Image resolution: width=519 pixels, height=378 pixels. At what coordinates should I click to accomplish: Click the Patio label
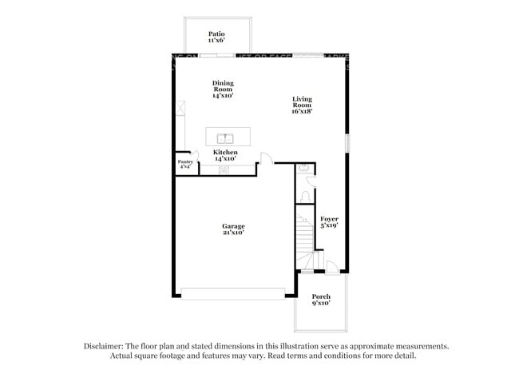pyautogui.click(x=216, y=34)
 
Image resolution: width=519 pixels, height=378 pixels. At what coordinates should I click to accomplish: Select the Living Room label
pyautogui.click(x=302, y=102)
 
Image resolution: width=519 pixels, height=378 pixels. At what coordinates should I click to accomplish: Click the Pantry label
pyautogui.click(x=184, y=162)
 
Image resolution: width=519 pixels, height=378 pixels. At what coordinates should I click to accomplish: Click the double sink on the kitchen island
pyautogui.click(x=226, y=137)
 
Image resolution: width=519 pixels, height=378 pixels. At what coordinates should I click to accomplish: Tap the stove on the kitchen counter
pyautogui.click(x=224, y=169)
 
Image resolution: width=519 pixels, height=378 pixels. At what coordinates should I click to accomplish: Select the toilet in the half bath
pyautogui.click(x=307, y=197)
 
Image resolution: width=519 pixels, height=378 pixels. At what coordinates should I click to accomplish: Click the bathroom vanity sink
pyautogui.click(x=304, y=169)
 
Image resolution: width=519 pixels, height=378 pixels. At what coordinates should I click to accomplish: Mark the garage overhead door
pyautogui.click(x=232, y=291)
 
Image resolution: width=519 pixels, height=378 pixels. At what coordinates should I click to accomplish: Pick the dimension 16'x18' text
pyautogui.click(x=302, y=112)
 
